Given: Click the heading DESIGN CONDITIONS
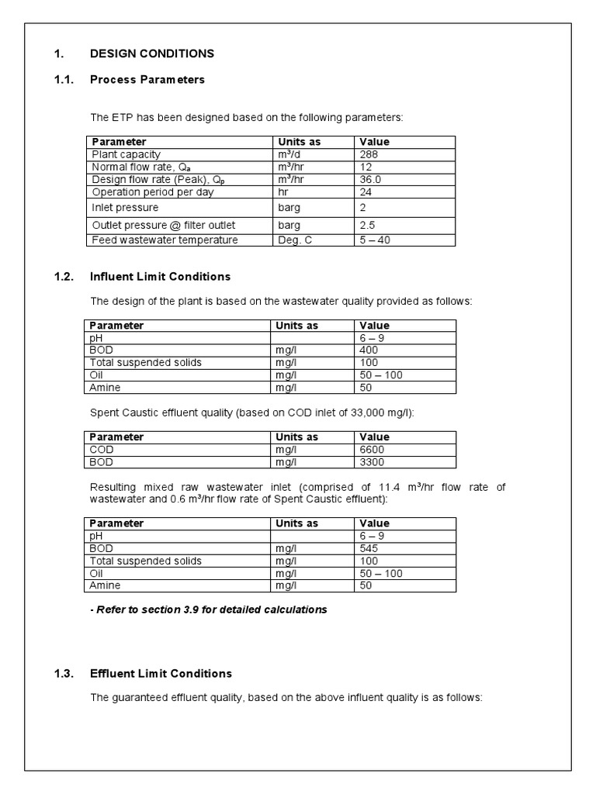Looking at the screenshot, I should click(152, 54).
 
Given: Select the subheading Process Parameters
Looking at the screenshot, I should click(147, 79).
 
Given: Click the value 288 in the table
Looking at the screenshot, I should click(369, 154).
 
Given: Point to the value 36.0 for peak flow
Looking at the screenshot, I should click(371, 179).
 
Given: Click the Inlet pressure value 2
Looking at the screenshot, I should click(363, 208).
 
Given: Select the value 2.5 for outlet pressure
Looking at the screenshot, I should click(367, 225).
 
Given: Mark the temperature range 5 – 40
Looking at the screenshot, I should click(376, 240).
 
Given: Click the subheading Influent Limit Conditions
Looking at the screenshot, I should click(160, 276).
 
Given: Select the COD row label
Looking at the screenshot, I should click(102, 449).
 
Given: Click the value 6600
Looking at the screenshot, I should click(372, 449).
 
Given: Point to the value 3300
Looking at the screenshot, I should click(372, 461).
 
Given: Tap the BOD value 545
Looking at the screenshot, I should click(369, 548).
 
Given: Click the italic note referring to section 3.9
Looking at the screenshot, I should click(209, 609).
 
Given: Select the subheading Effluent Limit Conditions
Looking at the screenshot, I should click(161, 673).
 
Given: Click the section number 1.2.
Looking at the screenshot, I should click(63, 276).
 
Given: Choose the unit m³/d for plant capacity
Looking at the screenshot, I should click(289, 154).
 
